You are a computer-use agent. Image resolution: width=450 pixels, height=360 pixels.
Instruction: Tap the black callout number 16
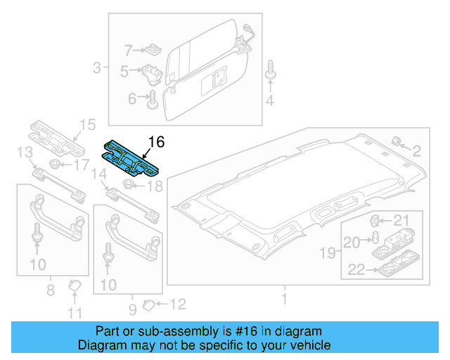(156, 142)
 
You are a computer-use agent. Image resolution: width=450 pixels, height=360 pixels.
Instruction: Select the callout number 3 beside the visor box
(97, 68)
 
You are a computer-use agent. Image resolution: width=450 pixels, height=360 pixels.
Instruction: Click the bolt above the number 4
(271, 73)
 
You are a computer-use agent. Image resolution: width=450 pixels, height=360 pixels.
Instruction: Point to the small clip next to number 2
(396, 141)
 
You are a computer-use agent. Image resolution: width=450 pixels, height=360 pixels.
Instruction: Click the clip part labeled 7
(151, 50)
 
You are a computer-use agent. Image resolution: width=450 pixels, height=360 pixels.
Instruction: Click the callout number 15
(86, 125)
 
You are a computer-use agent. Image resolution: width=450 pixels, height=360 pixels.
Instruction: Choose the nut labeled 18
(129, 185)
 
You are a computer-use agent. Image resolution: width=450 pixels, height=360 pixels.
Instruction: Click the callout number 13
(25, 153)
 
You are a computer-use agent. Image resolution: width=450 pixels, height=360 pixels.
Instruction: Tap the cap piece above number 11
(74, 285)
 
